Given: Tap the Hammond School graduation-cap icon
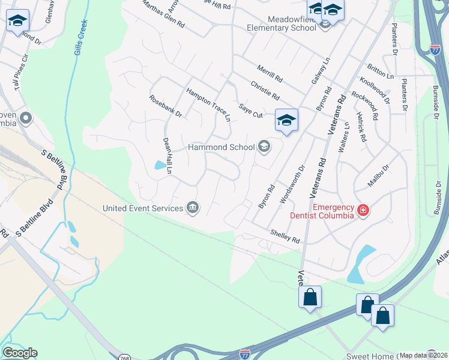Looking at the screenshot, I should click(263, 146).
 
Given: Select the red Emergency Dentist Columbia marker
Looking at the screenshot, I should click(363, 210).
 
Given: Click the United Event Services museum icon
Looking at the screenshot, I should click(193, 208).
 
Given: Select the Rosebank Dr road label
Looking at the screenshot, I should click(165, 106).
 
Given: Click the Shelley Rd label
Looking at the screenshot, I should click(285, 236).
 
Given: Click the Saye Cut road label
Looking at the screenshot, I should click(251, 110).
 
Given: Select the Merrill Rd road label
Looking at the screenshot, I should click(269, 74).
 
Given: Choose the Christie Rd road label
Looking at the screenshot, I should click(265, 91).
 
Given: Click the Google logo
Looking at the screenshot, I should click(19, 353).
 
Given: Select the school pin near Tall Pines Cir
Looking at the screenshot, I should click(17, 22).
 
